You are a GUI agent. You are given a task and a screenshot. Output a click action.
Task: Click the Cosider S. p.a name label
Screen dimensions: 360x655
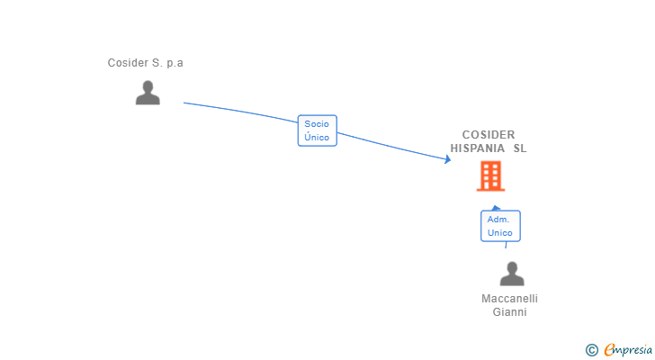pyautogui.click(x=145, y=63)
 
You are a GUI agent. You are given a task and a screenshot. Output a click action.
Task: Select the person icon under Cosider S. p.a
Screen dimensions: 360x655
pyautogui.click(x=148, y=93)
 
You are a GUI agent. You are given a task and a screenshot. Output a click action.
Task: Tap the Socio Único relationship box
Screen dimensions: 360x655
pyautogui.click(x=317, y=130)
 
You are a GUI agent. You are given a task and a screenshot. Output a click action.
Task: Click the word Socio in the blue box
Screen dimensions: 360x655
pyautogui.click(x=317, y=124)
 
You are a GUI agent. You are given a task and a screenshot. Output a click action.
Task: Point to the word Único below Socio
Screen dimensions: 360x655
pyautogui.click(x=317, y=138)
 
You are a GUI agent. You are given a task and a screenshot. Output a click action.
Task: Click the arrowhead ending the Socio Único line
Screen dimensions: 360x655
pyautogui.click(x=447, y=160)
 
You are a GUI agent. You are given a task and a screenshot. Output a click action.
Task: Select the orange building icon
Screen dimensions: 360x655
pyautogui.click(x=490, y=176)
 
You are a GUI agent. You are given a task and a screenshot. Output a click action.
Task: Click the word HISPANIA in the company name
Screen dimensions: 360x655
pyautogui.click(x=478, y=148)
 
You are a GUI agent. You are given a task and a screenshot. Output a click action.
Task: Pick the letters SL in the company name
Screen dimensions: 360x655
pyautogui.click(x=520, y=148)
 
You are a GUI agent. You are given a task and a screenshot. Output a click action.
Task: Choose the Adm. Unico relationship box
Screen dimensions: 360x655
pyautogui.click(x=500, y=226)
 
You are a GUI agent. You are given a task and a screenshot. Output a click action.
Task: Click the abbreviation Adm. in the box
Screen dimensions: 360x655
pyautogui.click(x=499, y=220)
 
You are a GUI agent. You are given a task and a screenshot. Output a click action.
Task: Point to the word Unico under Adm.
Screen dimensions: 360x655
pyautogui.click(x=500, y=233)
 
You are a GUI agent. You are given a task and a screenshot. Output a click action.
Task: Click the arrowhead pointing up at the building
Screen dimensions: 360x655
pyautogui.click(x=496, y=208)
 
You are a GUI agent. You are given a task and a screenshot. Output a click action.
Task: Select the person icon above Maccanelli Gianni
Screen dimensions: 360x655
pyautogui.click(x=512, y=274)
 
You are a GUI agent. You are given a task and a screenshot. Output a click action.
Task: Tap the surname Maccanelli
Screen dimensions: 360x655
pyautogui.click(x=509, y=299)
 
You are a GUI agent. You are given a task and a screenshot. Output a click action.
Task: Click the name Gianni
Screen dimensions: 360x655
pyautogui.click(x=509, y=312)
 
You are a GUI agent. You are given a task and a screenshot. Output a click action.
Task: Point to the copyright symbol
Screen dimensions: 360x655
pyautogui.click(x=591, y=350)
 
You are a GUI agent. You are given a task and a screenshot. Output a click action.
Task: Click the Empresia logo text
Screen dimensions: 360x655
pyautogui.click(x=629, y=350)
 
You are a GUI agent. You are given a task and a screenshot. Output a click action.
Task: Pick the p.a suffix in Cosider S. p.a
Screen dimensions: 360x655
pyautogui.click(x=174, y=63)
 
